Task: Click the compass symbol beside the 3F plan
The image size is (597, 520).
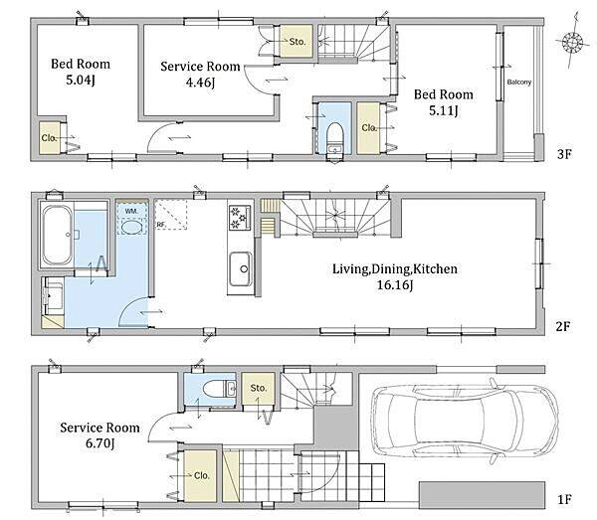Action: point(572,41)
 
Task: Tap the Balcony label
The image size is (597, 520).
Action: point(519,83)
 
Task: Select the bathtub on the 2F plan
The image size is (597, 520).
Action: point(57,235)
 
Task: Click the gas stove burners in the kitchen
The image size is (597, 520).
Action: point(240,218)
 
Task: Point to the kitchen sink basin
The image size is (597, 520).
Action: point(240,269)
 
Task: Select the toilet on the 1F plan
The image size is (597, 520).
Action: point(214,389)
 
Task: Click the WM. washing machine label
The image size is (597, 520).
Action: point(131,211)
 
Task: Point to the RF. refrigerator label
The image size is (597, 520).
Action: point(161,225)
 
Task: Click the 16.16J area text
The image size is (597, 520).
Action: point(395,285)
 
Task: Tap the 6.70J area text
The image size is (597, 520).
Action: point(99,443)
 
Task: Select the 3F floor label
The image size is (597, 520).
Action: point(564,154)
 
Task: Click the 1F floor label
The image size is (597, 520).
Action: point(564,499)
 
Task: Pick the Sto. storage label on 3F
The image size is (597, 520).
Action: point(297,42)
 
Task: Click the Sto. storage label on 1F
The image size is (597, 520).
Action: point(259,388)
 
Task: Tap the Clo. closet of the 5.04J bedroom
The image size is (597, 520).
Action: point(49,137)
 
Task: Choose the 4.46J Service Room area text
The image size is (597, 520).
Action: point(200,83)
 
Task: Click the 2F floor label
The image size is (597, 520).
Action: point(563,326)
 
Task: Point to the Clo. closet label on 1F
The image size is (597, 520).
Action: point(201,475)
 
